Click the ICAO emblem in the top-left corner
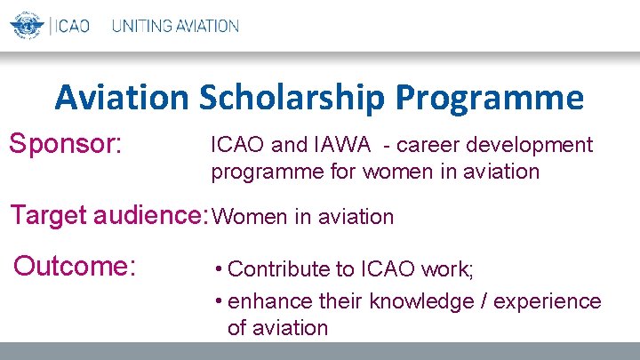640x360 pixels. pos(27,25)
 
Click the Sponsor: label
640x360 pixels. pos(64,144)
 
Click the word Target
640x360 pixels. pos(49,214)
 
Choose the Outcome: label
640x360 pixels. pos(75,266)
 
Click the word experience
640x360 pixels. pos(547,302)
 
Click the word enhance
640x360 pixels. pos(264,302)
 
